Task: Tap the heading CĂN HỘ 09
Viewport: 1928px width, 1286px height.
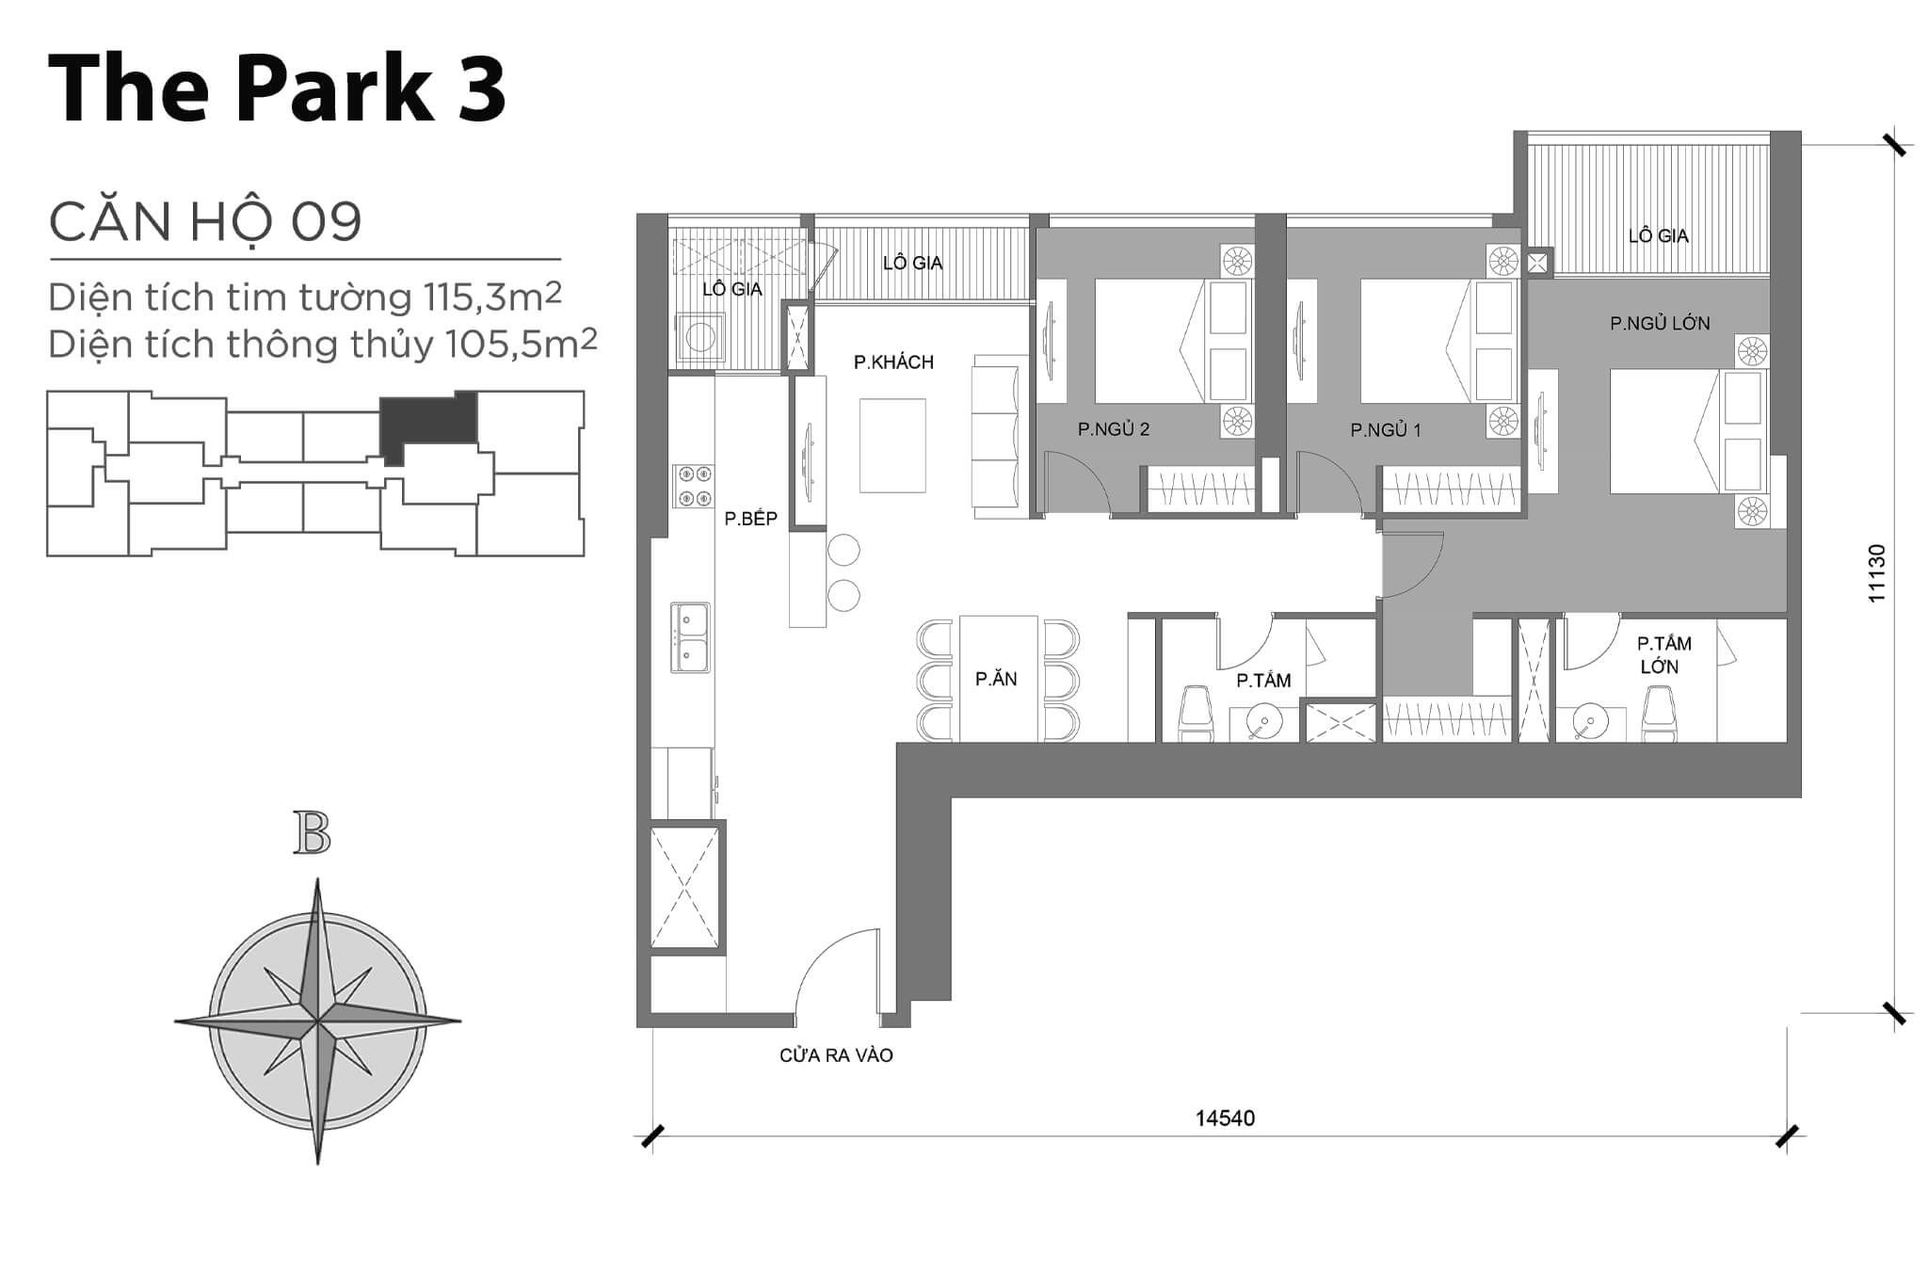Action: point(205,222)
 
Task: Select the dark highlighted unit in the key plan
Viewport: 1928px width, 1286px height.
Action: point(427,421)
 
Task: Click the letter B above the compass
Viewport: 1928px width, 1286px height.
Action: point(312,833)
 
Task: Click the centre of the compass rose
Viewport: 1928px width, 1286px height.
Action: point(318,1021)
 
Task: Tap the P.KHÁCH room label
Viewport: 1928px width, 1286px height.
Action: point(893,362)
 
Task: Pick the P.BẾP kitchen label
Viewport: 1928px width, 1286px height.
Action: point(750,519)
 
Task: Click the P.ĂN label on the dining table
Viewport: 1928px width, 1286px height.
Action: point(996,679)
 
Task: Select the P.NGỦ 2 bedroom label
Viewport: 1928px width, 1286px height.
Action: point(1114,429)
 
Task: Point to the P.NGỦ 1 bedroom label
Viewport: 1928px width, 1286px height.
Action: point(1385,430)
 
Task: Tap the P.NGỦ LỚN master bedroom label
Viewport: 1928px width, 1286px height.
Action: point(1659,324)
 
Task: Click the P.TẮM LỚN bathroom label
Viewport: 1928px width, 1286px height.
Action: point(1663,655)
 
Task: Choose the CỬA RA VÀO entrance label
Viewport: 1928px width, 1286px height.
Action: point(836,1056)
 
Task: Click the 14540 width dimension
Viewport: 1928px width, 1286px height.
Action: point(1225,1118)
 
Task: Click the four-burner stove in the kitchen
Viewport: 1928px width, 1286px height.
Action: point(693,486)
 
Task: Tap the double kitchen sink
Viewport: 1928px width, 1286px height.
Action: point(690,637)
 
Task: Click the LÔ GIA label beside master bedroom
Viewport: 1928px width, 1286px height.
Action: point(1658,236)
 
